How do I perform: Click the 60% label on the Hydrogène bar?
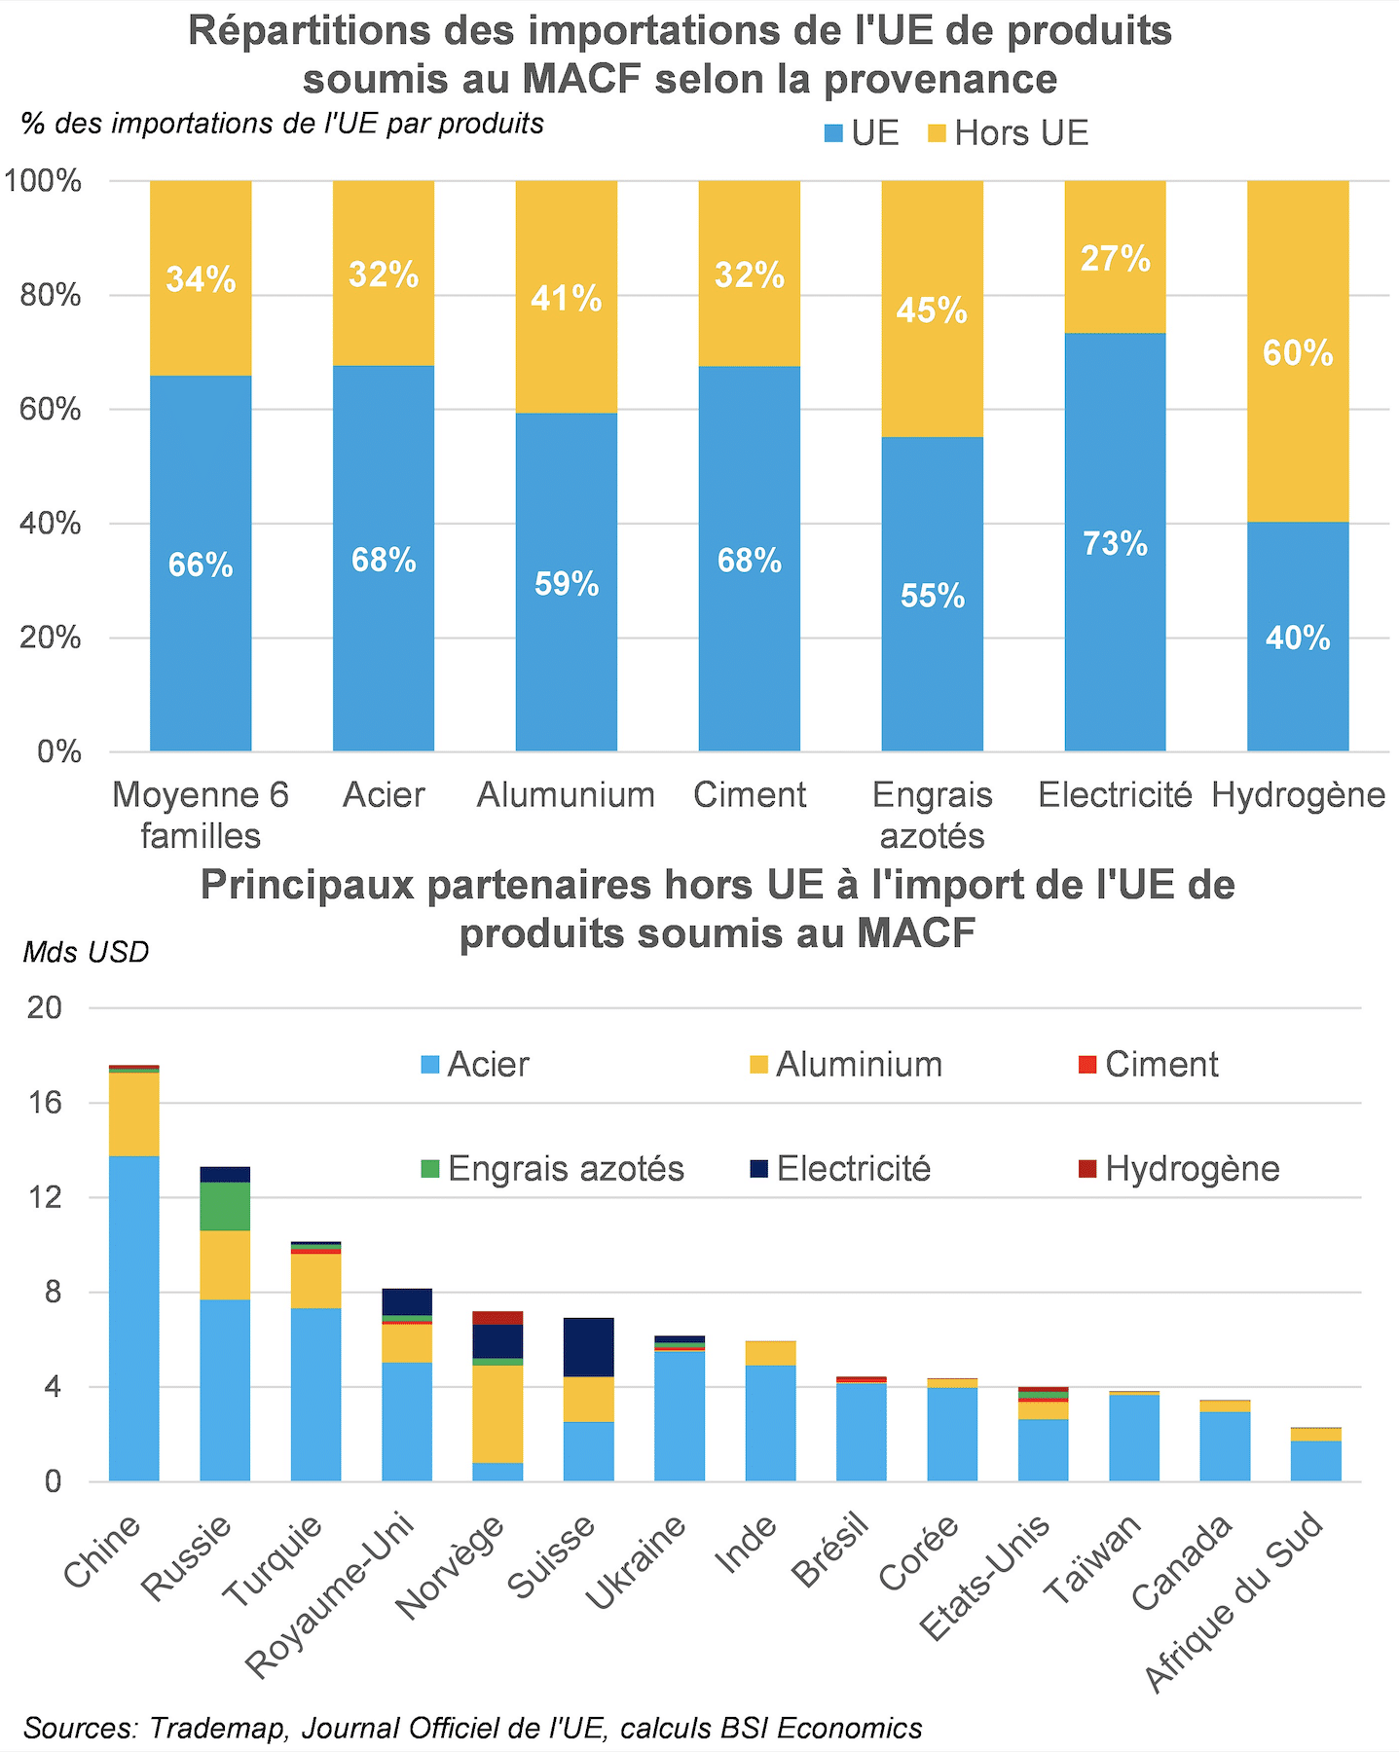pos(1298,352)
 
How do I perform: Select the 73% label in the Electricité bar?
pos(1115,543)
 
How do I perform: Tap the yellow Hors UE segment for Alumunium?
pos(566,297)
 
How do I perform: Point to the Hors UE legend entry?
pos(1008,133)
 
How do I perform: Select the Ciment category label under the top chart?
pos(749,795)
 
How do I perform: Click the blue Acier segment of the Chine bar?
pos(134,1319)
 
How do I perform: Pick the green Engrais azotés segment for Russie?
pos(225,1206)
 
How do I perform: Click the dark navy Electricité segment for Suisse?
pos(589,1347)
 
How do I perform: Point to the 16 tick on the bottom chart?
pos(45,1103)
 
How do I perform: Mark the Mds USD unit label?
pos(86,952)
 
